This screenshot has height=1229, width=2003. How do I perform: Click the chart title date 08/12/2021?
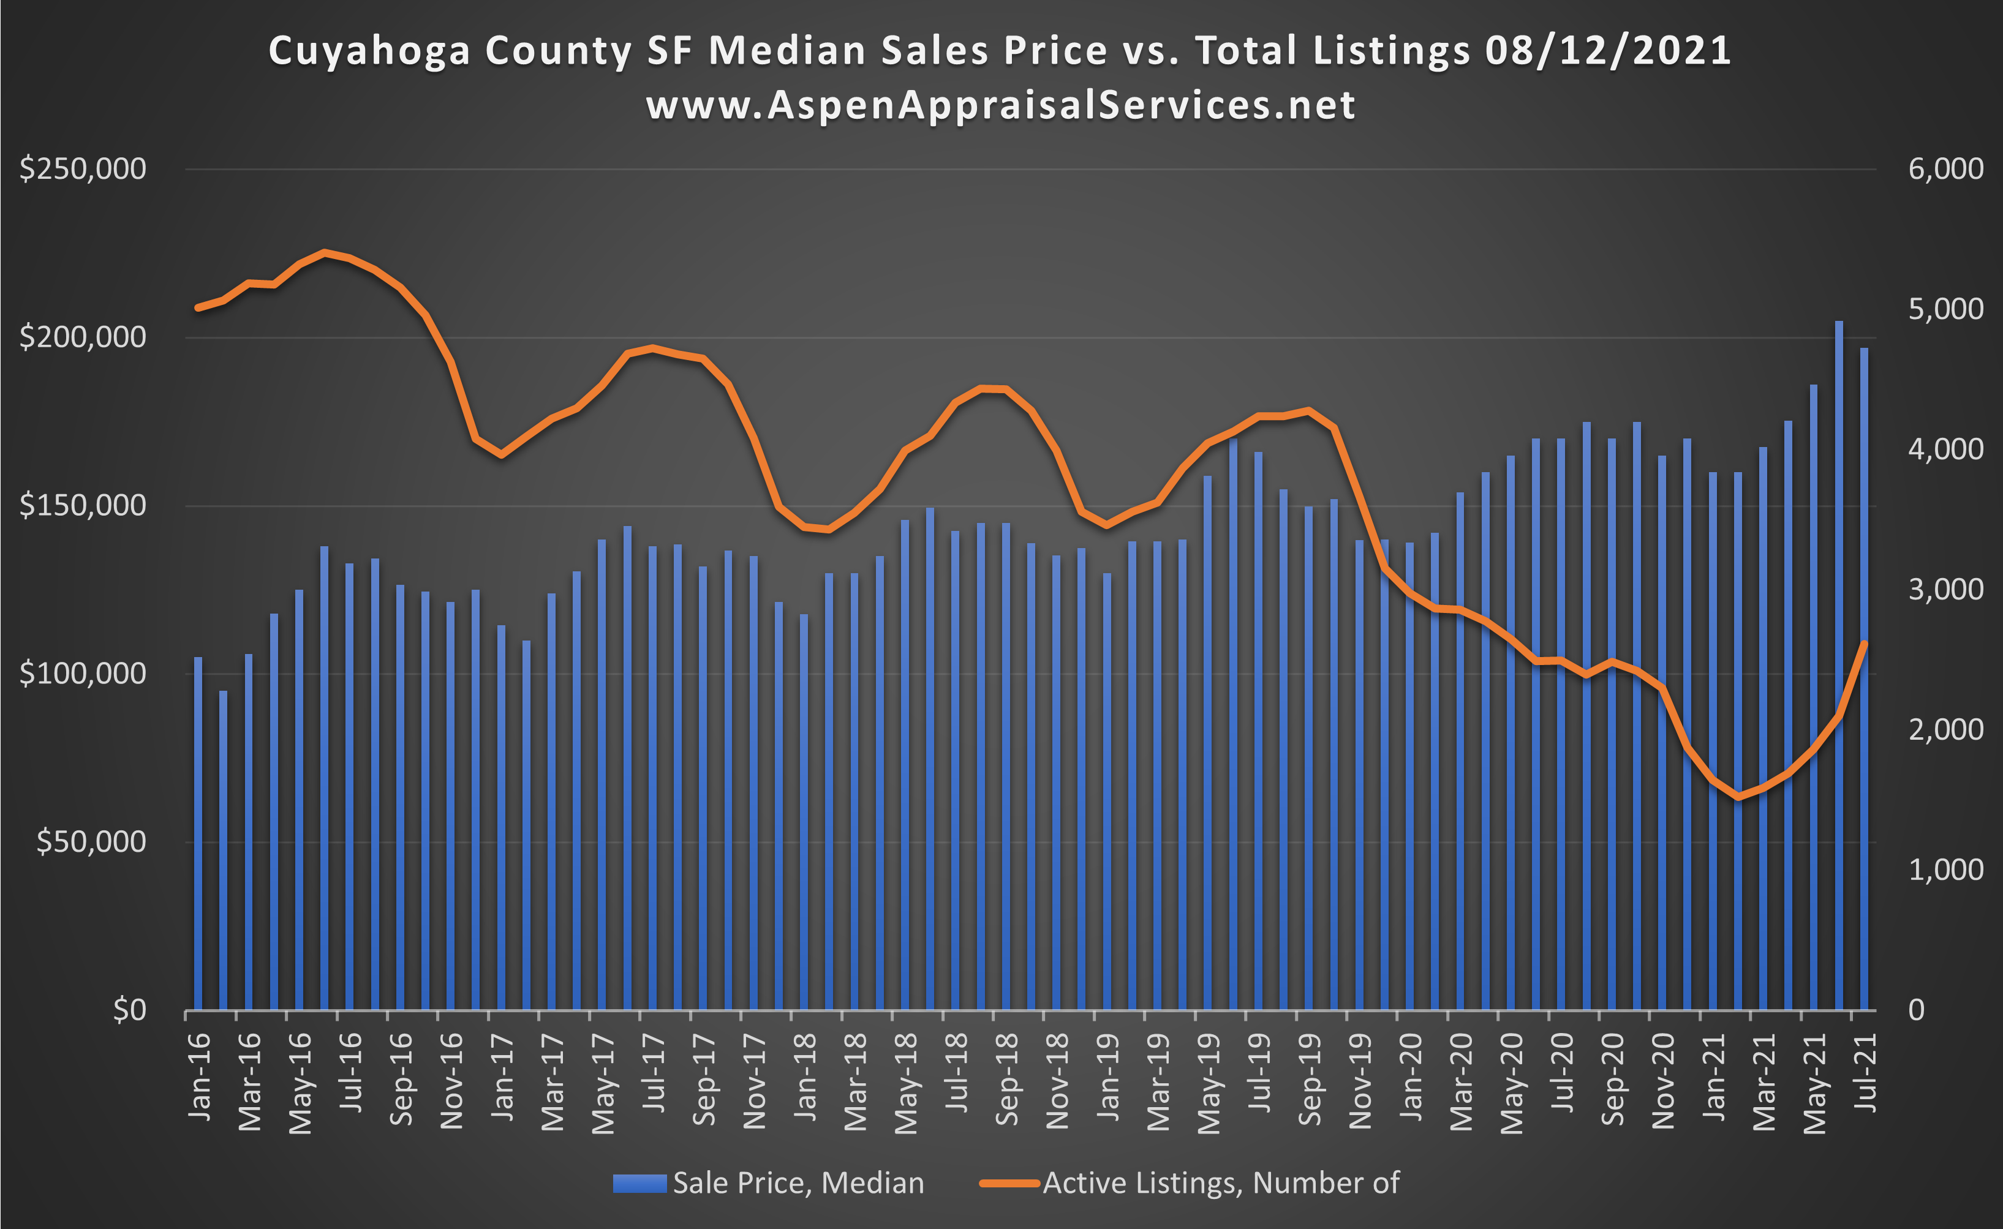(x=1607, y=50)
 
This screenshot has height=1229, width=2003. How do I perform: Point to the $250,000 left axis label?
(x=82, y=169)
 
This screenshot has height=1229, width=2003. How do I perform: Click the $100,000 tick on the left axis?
(x=82, y=674)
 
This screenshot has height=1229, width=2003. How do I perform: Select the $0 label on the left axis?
(x=129, y=1010)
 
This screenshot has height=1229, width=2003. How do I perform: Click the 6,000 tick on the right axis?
(x=1945, y=169)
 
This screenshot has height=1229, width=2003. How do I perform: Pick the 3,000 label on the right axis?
(x=1945, y=589)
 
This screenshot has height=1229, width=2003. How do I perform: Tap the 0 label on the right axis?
(x=1916, y=1010)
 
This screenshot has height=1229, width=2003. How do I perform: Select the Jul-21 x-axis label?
(x=1866, y=1073)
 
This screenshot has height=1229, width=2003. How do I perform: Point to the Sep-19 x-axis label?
(x=1310, y=1080)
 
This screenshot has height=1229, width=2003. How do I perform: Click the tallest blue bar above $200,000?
(x=1839, y=650)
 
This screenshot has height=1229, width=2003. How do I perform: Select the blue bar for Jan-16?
(x=197, y=829)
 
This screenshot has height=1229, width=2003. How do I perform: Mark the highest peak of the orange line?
(x=325, y=253)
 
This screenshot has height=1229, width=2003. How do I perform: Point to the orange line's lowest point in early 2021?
(x=1738, y=797)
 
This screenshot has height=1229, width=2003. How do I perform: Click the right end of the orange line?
(x=1864, y=644)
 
